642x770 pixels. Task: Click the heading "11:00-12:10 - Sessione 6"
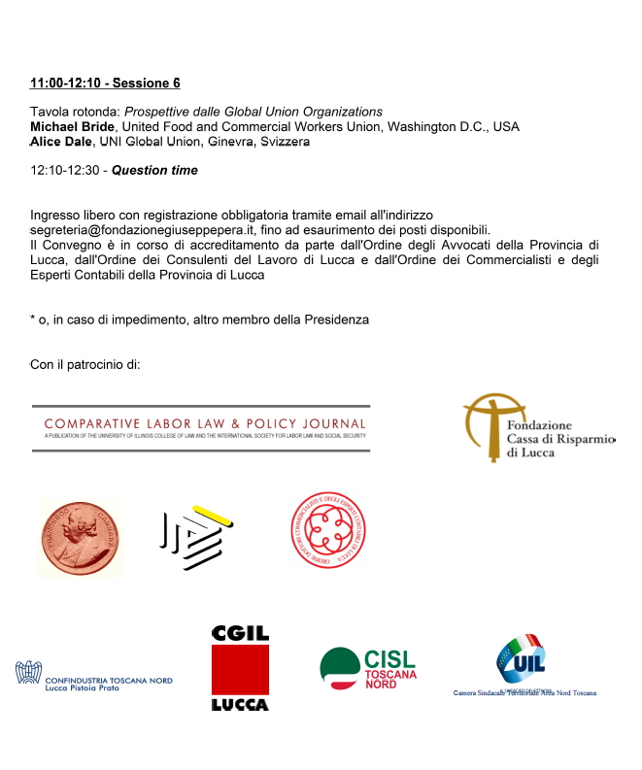click(105, 84)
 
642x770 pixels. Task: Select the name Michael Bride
click(73, 126)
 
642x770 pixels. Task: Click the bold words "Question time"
click(154, 170)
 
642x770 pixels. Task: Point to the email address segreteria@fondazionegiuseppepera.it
click(139, 229)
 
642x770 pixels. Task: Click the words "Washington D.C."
click(440, 126)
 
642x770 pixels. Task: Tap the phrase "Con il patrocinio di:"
click(85, 365)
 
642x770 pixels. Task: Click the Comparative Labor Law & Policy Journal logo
click(201, 428)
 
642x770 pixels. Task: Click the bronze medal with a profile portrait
click(81, 537)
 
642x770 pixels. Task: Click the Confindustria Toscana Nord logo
click(94, 674)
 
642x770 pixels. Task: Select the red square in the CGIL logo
click(240, 671)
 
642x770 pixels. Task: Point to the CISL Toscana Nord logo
click(368, 669)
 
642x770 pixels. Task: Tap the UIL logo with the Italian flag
click(522, 662)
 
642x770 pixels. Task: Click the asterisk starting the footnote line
click(33, 319)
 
